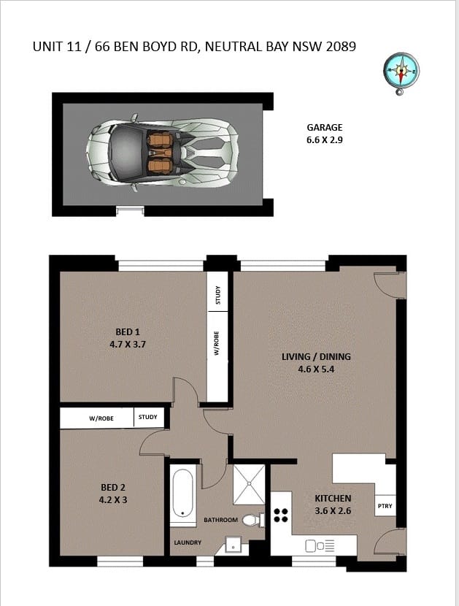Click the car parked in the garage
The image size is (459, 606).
point(164,153)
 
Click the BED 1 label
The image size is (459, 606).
point(128,331)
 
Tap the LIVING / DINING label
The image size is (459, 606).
point(316,357)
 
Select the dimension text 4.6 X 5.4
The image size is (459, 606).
point(316,369)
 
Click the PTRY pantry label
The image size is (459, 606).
point(385,506)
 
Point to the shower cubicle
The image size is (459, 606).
point(249,483)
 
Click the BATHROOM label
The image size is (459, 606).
point(220,520)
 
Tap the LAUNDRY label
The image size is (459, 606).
point(188,542)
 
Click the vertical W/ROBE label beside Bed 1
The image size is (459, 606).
point(217,342)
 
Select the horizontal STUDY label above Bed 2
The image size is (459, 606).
point(147,418)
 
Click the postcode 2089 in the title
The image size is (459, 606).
point(338,47)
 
